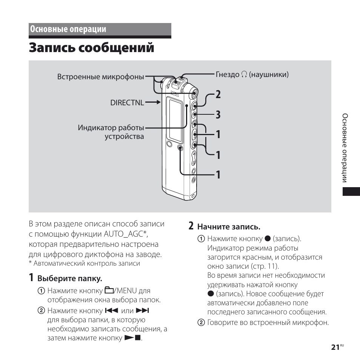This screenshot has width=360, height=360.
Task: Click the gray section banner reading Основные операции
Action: tap(100, 29)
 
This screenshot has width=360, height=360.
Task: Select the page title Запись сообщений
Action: tap(91, 48)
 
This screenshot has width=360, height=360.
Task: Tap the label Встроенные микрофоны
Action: tap(100, 77)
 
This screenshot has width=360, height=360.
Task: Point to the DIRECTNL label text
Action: tap(127, 102)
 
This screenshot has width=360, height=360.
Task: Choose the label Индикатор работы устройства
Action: tap(111, 132)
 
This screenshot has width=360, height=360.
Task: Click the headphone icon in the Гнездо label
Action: tap(244, 75)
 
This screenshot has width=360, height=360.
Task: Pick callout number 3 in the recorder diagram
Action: tap(218, 115)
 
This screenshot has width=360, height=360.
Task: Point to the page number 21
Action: tap(335, 348)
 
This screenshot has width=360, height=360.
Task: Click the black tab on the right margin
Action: tap(351, 191)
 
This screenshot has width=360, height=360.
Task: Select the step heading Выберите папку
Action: tap(70, 279)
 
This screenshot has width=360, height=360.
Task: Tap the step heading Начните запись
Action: tap(229, 227)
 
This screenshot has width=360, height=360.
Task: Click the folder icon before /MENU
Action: tap(109, 291)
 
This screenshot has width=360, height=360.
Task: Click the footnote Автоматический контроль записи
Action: tap(87, 263)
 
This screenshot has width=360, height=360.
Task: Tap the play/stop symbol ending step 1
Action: tap(132, 338)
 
